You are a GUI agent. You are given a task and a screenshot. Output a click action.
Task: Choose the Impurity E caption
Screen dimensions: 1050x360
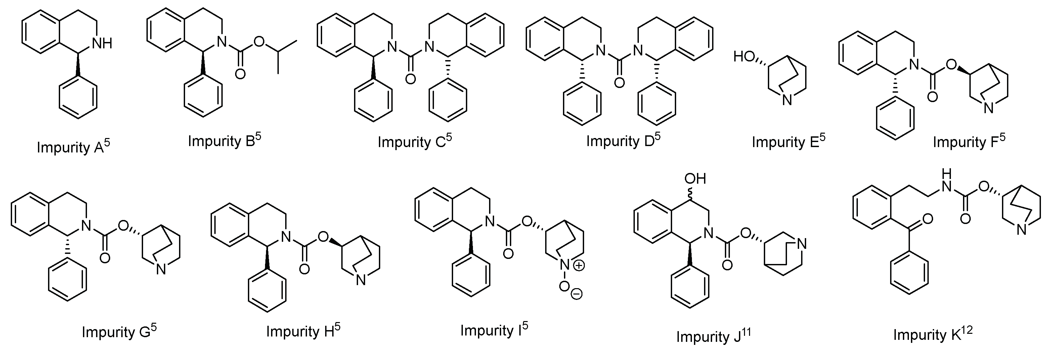788,141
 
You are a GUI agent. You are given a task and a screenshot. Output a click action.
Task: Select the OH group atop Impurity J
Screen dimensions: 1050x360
695,179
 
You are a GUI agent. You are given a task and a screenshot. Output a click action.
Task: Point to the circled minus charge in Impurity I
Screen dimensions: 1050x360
576,294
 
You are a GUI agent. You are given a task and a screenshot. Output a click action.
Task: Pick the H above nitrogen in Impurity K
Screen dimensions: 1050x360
947,174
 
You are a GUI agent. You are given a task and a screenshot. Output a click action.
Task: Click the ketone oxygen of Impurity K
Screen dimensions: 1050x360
927,219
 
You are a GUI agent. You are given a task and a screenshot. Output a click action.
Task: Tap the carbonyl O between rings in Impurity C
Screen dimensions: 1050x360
411,79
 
